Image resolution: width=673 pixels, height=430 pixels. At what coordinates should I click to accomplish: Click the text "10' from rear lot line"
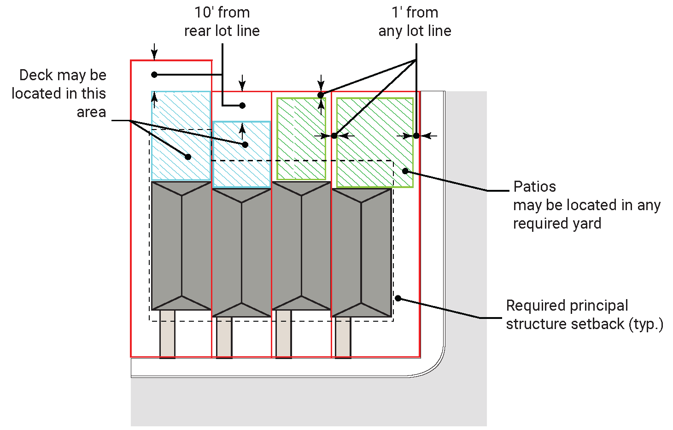[x=222, y=22]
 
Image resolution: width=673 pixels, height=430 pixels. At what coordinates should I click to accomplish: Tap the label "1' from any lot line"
[x=415, y=22]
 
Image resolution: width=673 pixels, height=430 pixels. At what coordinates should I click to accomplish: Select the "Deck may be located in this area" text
[x=59, y=93]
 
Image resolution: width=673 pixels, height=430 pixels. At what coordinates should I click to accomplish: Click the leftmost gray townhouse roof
[x=181, y=245]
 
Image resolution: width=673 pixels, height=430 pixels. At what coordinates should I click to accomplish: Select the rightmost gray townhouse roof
[x=362, y=253]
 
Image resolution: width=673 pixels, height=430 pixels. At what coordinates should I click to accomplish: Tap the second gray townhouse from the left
[x=242, y=253]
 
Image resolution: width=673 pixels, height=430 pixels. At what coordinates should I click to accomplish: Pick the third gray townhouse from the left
[x=302, y=245]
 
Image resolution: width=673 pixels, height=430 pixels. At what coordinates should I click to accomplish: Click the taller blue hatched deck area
[x=181, y=135]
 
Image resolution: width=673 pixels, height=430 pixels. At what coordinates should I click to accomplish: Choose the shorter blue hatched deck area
[x=242, y=154]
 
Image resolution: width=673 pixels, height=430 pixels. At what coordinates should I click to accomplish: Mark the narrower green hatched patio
[x=301, y=138]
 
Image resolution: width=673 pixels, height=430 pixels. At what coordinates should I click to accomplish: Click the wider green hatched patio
[x=375, y=142]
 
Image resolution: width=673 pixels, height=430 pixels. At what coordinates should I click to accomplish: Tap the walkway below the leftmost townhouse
[x=167, y=333]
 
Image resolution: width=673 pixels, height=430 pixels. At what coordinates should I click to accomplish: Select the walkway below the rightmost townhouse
[x=343, y=337]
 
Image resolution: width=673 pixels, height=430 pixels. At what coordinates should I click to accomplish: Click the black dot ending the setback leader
[x=398, y=299]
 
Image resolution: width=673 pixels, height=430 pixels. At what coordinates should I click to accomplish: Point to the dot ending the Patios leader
[x=405, y=171]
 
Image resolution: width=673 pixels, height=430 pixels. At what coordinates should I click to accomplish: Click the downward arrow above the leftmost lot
[x=154, y=52]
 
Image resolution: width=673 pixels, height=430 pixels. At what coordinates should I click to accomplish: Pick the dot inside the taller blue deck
[x=188, y=157]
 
